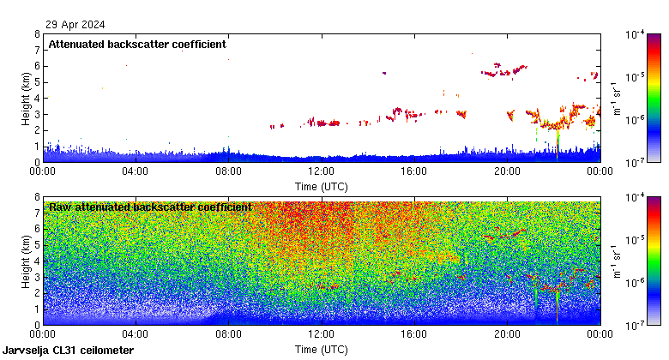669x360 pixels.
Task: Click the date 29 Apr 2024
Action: click(70, 24)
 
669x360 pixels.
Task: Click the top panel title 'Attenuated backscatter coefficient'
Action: click(137, 44)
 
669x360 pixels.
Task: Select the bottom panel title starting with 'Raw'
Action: click(150, 207)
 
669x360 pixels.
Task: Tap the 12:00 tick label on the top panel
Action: click(321, 171)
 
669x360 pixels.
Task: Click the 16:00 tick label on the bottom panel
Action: click(413, 334)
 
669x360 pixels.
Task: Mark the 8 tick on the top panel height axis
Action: click(37, 34)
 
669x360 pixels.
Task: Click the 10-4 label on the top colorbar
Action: click(636, 35)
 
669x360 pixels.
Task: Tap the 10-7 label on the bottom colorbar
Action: click(636, 325)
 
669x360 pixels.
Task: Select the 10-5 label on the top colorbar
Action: click(636, 77)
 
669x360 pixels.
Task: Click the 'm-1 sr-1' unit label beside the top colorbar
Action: click(615, 98)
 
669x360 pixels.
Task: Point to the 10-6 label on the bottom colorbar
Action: click(636, 282)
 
